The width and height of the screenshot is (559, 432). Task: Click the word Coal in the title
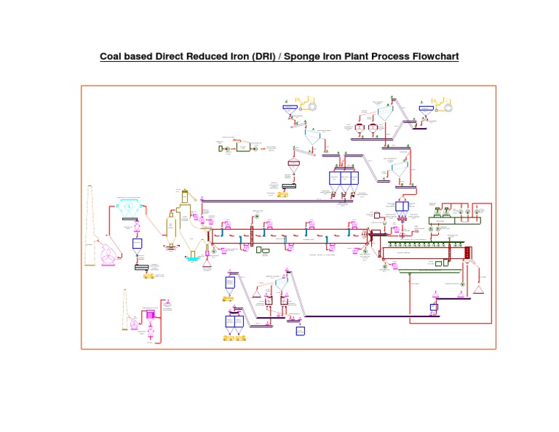click(x=114, y=56)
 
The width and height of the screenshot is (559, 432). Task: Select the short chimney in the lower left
click(x=124, y=313)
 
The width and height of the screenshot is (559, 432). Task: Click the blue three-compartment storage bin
click(x=345, y=178)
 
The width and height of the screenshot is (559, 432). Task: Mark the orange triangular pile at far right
click(x=478, y=290)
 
